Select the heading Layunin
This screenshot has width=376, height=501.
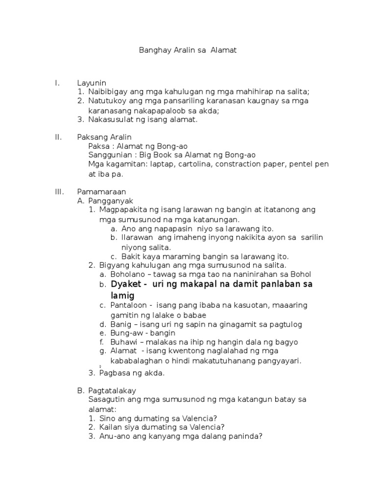coord(92,83)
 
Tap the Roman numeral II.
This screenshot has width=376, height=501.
coord(58,137)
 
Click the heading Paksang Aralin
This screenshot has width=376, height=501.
coord(104,137)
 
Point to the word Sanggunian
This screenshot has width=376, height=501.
coord(108,155)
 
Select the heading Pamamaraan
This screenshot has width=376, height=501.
coord(101,192)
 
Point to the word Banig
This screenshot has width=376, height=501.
coord(120,324)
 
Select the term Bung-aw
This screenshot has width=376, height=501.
coord(125,333)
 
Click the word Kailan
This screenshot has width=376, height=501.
coord(110,427)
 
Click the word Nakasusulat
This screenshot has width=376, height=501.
coord(111,119)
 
